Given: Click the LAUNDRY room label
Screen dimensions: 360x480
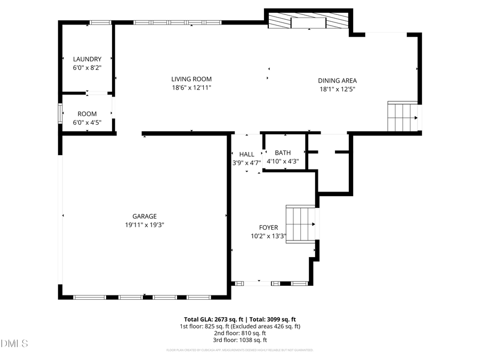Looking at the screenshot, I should click(87, 59).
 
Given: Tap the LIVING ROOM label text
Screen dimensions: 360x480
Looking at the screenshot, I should click(191, 79).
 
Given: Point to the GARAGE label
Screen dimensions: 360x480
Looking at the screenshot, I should click(145, 216).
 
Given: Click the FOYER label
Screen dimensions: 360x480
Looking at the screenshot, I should click(268, 227).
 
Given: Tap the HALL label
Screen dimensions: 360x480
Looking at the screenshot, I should click(246, 154).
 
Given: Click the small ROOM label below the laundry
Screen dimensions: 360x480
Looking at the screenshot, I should click(87, 114).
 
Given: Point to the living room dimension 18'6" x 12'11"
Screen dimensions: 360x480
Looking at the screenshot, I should click(191, 87).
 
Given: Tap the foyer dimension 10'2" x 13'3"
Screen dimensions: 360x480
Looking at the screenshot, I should click(268, 236).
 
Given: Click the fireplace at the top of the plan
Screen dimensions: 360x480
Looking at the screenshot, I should click(309, 22).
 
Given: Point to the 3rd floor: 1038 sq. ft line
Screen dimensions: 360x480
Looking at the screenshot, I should click(240, 340).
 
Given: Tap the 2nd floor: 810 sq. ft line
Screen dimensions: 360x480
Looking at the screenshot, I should click(240, 333).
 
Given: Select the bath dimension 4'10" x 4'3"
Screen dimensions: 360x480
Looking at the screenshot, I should click(283, 162).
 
